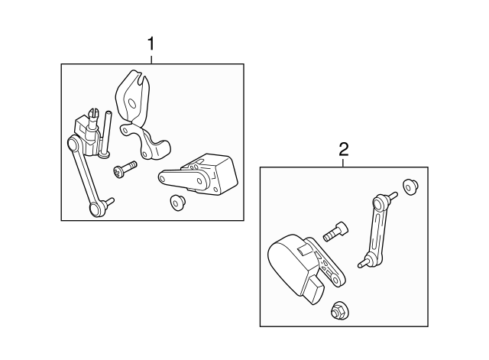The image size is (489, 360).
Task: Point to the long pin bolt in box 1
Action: (105, 133)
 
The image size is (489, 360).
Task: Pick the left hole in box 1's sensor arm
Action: (164, 178)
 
